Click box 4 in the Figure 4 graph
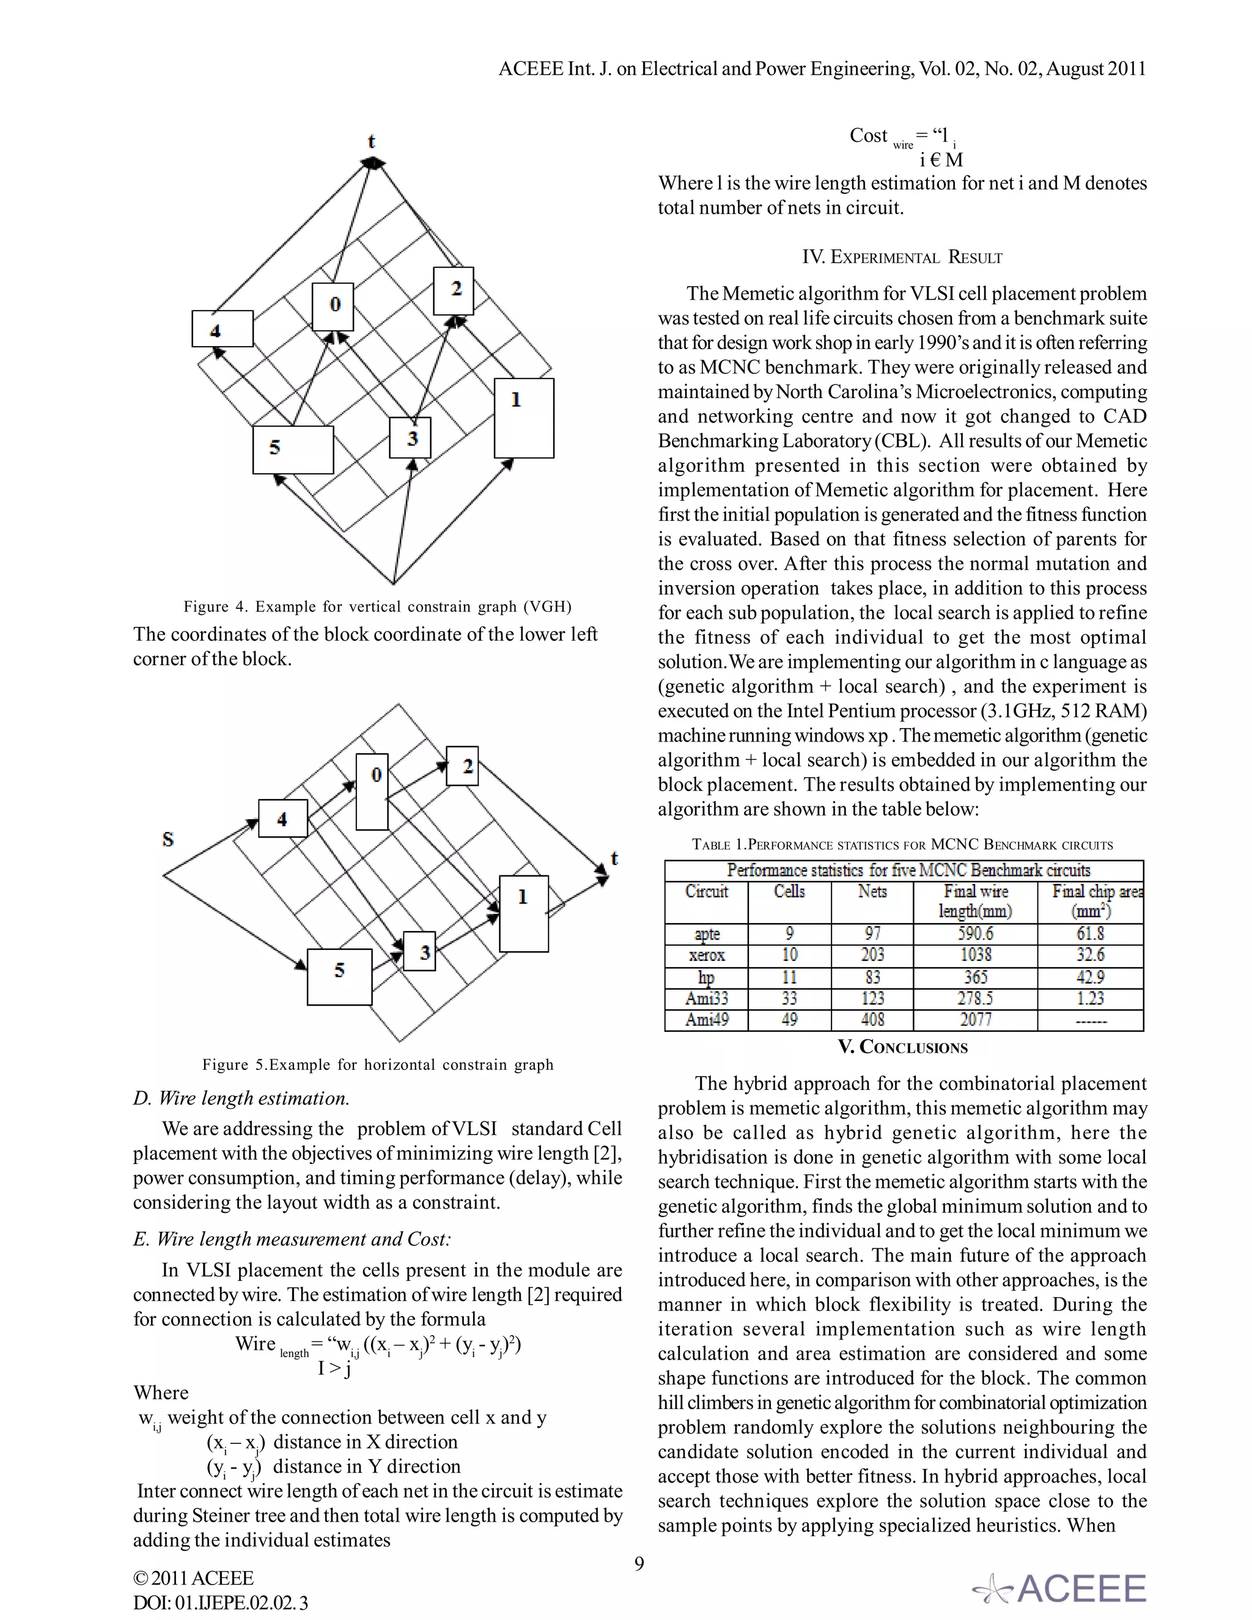[222, 329]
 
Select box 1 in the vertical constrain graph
[524, 418]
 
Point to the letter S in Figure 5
[168, 839]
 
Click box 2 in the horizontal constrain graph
[462, 765]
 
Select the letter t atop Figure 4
[372, 141]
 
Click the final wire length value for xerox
[975, 955]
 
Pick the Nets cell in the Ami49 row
[872, 1019]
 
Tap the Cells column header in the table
[789, 891]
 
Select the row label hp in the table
[706, 977]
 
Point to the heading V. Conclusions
[903, 1047]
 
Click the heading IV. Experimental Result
[902, 257]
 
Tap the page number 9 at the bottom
[639, 1564]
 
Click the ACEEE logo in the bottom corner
[1061, 1588]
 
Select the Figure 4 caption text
[378, 607]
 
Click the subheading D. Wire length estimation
[241, 1098]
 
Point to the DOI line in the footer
[220, 1602]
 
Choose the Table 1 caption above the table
[902, 844]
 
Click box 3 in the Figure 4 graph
[410, 438]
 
